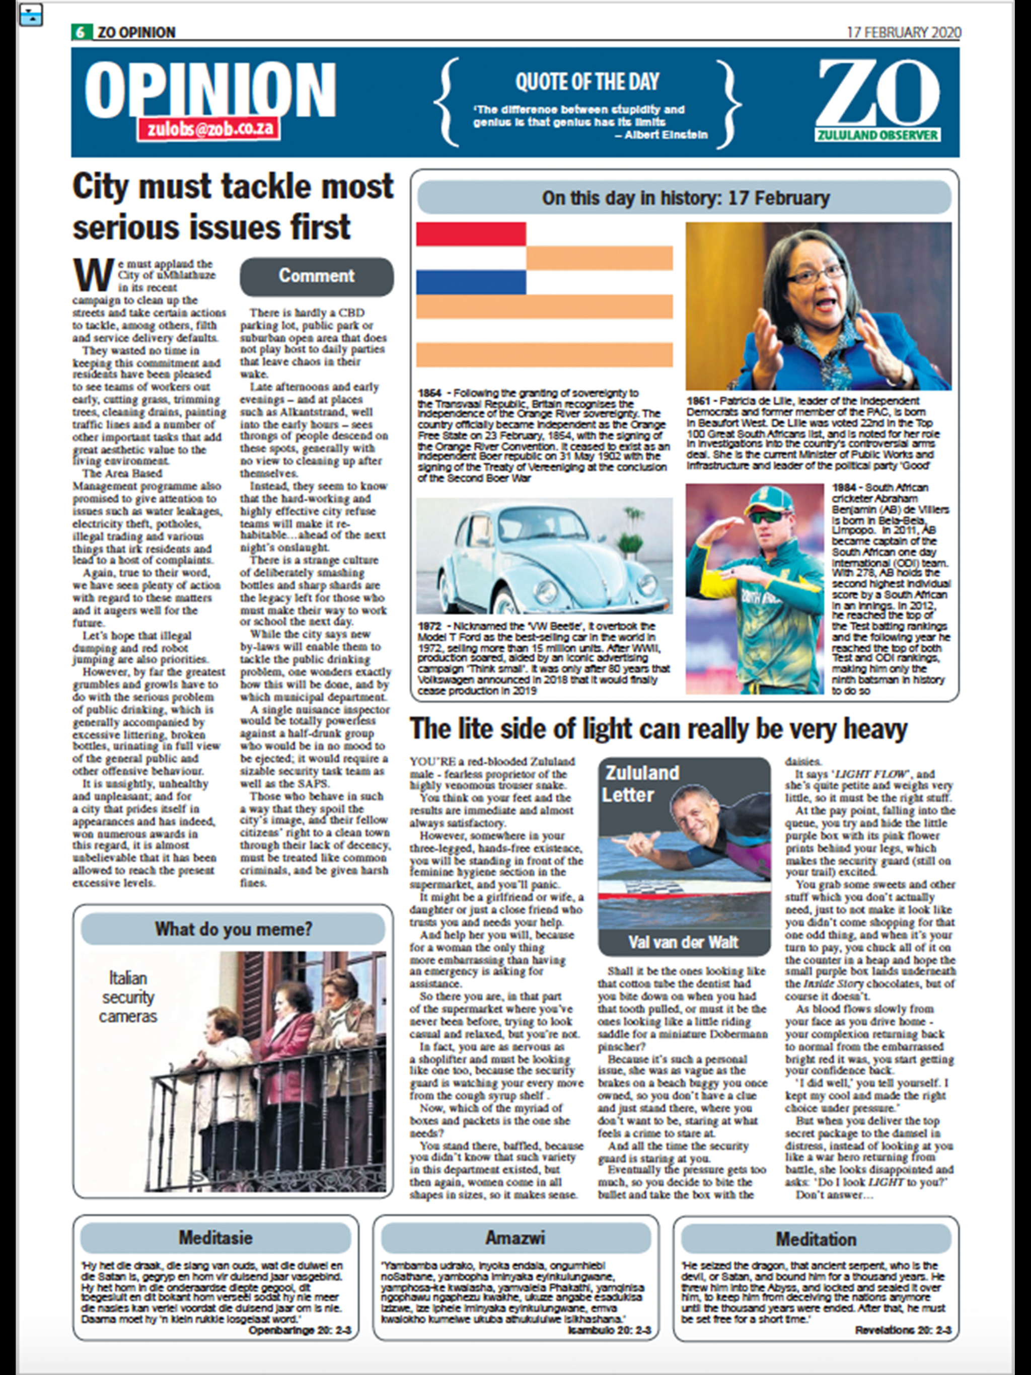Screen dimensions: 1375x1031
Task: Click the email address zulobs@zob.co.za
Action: pyautogui.click(x=209, y=129)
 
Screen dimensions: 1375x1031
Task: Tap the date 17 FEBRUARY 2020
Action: pyautogui.click(x=904, y=32)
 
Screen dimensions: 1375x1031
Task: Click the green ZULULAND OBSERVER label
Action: pyautogui.click(x=877, y=135)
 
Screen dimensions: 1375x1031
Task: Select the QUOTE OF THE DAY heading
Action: pyautogui.click(x=586, y=82)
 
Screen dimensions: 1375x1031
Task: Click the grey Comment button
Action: pyautogui.click(x=317, y=276)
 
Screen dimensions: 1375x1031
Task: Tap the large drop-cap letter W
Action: pyautogui.click(x=93, y=275)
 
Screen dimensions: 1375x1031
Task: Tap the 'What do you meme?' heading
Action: pyautogui.click(x=233, y=929)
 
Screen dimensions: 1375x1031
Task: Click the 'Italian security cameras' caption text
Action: pyautogui.click(x=128, y=997)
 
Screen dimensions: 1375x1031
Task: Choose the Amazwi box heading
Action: pyautogui.click(x=515, y=1238)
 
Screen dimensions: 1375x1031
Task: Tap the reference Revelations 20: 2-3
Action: pyautogui.click(x=902, y=1330)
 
